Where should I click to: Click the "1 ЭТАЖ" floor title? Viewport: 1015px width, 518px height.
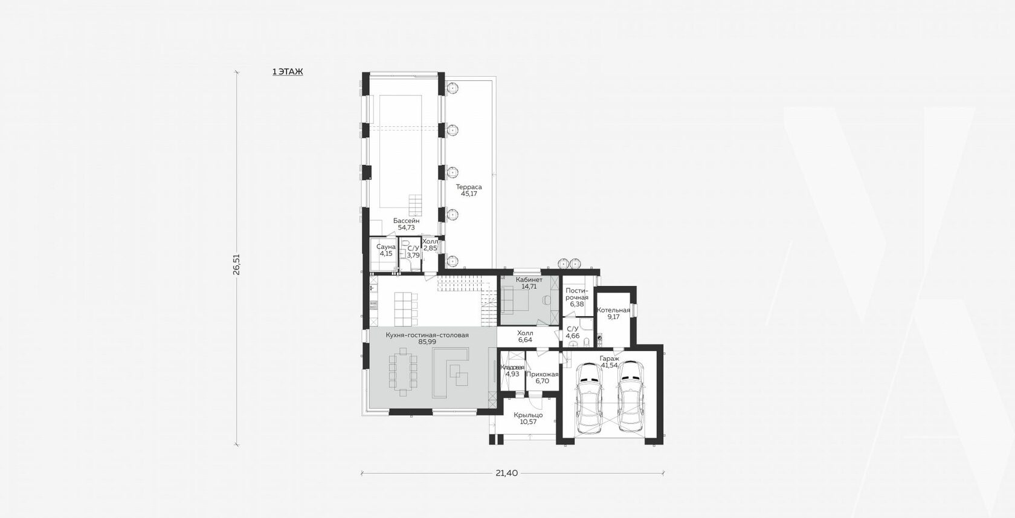point(288,71)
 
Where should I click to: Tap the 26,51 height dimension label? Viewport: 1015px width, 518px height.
point(236,264)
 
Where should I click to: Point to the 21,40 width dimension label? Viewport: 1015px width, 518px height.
point(506,473)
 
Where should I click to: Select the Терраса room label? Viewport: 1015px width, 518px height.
point(469,187)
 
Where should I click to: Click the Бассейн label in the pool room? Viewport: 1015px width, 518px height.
point(407,221)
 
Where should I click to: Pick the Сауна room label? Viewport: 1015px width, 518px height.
point(386,247)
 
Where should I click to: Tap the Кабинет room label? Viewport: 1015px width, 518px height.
point(529,280)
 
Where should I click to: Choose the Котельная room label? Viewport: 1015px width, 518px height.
point(614,310)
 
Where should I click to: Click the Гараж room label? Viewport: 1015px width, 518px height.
point(610,358)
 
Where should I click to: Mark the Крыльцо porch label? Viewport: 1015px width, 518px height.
point(528,415)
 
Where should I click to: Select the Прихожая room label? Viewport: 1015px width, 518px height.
point(543,374)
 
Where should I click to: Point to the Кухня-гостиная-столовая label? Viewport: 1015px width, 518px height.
point(427,335)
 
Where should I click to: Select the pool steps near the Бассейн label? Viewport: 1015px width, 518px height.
point(415,205)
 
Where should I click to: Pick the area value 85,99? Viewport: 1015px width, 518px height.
point(427,342)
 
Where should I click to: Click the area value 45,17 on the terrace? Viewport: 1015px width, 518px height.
point(469,193)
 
